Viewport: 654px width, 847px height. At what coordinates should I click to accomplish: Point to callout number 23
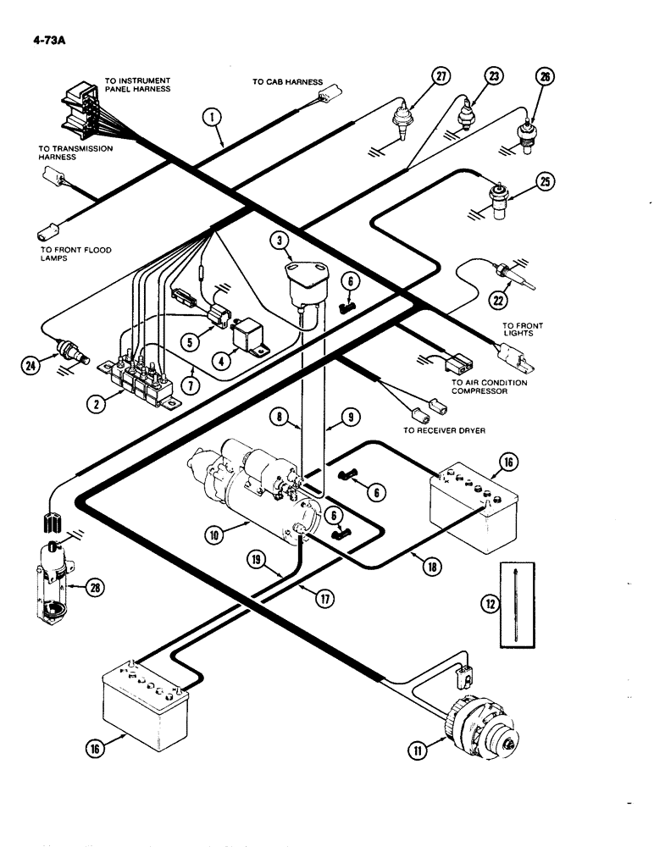[x=492, y=77]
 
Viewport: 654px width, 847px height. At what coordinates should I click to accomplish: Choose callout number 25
[x=545, y=180]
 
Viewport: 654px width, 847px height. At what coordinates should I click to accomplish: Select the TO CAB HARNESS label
[x=287, y=82]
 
